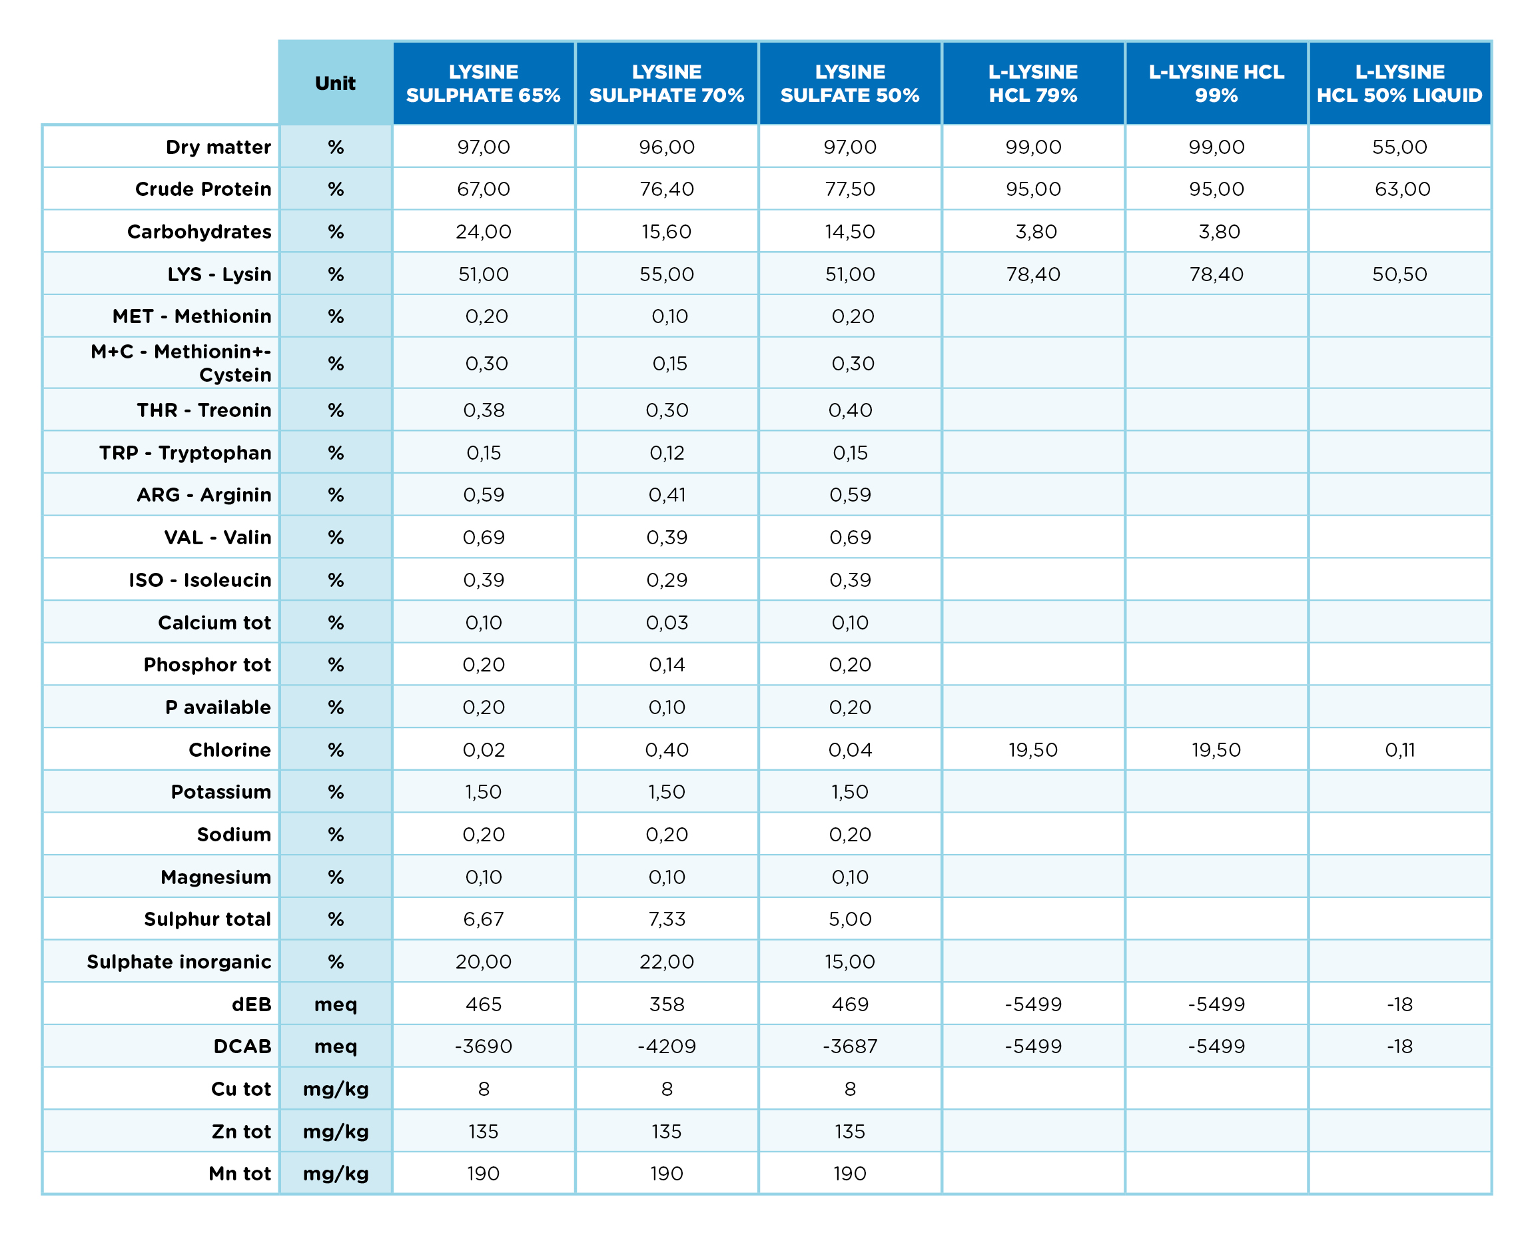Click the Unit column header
tap(335, 83)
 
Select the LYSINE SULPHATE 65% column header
tap(483, 83)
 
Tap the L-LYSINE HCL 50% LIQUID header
tap(1399, 83)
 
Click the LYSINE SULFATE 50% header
tap(849, 83)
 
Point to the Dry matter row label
tap(218, 147)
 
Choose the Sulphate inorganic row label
tap(179, 961)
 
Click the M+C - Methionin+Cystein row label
tap(181, 363)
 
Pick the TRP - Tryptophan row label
tap(185, 452)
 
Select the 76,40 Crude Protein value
tap(667, 189)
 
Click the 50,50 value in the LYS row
tap(1399, 274)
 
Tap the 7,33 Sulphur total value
tap(667, 919)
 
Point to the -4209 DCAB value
tap(667, 1046)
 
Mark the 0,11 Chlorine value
tap(1399, 750)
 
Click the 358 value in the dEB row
tap(667, 1004)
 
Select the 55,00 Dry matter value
tap(1399, 147)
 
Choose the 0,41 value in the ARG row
tap(667, 494)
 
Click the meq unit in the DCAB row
tap(335, 1046)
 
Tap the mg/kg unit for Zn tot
tap(335, 1132)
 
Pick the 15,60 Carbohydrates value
tap(667, 231)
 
